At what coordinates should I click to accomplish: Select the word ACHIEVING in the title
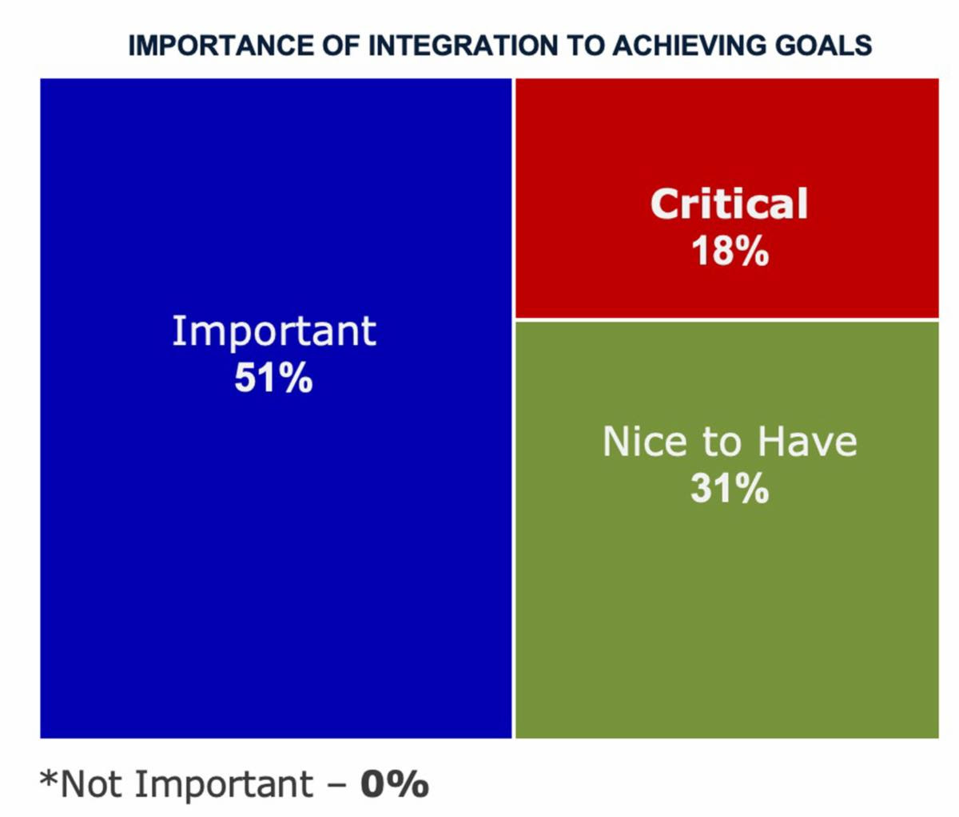(688, 45)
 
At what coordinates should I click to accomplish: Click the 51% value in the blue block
(273, 379)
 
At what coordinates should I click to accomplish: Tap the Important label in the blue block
(273, 331)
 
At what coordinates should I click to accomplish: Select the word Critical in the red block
(729, 204)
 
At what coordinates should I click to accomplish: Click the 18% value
(729, 251)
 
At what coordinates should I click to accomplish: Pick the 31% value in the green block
(729, 488)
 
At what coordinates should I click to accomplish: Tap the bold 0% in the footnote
(394, 784)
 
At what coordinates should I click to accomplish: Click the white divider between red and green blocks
(727, 319)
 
